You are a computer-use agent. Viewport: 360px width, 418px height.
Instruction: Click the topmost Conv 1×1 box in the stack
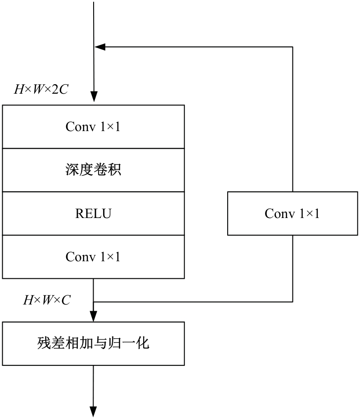tap(93, 127)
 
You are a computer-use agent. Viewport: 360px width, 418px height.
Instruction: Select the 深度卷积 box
tap(93, 170)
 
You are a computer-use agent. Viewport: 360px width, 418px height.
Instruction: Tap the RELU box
tap(93, 213)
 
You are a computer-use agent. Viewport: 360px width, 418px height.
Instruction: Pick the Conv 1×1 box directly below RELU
tap(93, 257)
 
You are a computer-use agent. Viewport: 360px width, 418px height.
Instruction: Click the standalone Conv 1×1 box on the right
tap(292, 213)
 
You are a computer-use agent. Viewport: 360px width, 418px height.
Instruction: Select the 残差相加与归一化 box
tap(93, 343)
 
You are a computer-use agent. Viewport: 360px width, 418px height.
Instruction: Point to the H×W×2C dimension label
tap(41, 89)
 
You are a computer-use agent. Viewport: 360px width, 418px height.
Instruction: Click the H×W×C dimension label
tap(47, 300)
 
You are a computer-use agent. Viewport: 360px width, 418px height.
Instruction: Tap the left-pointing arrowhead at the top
tap(100, 47)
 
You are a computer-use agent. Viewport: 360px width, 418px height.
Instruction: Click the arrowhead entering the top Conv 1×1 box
tap(94, 96)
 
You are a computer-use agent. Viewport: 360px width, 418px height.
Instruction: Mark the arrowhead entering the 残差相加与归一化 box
tap(93, 317)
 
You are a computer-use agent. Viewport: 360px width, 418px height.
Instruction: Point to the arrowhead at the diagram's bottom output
tap(93, 412)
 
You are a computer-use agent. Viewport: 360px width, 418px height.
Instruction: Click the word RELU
tap(93, 214)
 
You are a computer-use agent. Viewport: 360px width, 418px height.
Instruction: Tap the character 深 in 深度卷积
tap(72, 169)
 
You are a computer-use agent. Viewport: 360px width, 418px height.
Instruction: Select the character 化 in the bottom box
tap(142, 343)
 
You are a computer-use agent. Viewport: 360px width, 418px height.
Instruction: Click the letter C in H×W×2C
tap(64, 89)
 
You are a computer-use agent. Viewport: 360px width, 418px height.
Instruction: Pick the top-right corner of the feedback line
tap(293, 47)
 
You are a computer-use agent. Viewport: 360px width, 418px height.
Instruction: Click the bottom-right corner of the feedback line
tap(293, 302)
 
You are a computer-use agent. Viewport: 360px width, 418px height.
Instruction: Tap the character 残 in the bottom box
tap(44, 343)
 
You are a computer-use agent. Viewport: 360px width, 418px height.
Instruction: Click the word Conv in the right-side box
tap(280, 214)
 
